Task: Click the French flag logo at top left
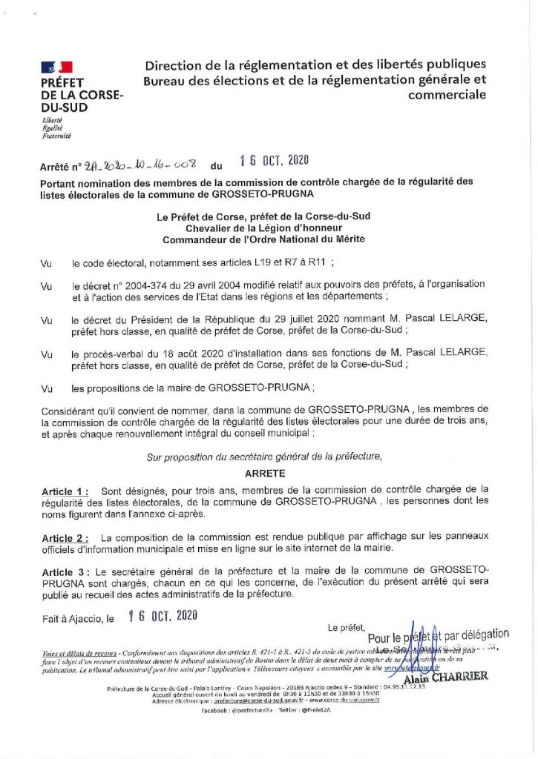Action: (57, 67)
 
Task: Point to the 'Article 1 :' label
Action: (65, 491)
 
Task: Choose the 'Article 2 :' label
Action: (65, 537)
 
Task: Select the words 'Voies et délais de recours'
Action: (78, 653)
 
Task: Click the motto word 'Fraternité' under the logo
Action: (56, 136)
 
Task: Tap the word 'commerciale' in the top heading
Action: (447, 95)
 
